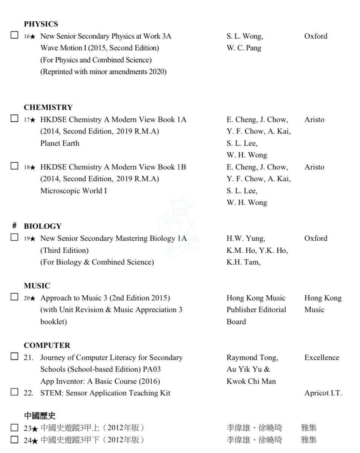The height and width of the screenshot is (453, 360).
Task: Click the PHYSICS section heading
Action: pos(41,24)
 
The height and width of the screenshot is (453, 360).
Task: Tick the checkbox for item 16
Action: pos(14,35)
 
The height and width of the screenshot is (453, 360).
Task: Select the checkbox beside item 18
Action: pos(14,166)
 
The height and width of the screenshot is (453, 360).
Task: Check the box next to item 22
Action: pos(14,392)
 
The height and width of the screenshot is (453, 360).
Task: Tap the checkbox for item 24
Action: pos(14,439)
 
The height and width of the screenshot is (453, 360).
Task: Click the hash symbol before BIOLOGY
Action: pos(14,226)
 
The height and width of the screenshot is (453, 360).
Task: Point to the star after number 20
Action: pos(33,298)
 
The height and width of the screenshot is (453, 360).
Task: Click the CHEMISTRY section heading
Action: pos(48,107)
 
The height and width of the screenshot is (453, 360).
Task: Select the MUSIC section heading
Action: pos(37,286)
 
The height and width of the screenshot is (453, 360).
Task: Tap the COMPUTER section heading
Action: pos(47,346)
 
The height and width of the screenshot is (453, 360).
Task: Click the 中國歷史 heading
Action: pos(40,416)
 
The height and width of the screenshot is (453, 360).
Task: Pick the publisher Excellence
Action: pos(322,358)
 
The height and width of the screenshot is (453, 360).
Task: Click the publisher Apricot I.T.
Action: pos(323,393)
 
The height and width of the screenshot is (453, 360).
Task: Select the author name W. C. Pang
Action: pos(244,48)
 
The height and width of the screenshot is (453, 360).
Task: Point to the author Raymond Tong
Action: pos(252,358)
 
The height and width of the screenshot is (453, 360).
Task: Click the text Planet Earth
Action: pos(60,143)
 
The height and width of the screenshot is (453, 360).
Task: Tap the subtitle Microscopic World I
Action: pos(73,191)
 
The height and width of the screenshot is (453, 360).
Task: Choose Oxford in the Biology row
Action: pos(316,238)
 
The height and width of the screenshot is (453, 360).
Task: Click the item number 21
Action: pos(28,358)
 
